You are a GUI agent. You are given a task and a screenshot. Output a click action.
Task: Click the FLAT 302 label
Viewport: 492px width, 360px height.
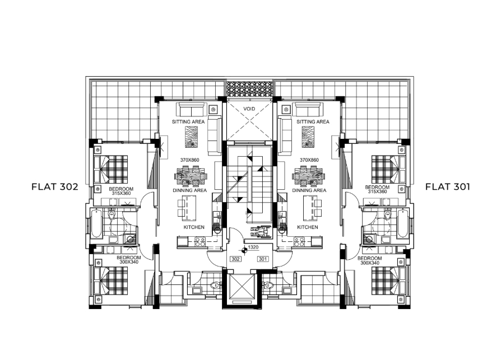point(54,186)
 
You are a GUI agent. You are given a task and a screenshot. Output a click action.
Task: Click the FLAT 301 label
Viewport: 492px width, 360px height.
point(447,186)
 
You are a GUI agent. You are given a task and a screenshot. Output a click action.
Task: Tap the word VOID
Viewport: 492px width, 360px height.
point(249,109)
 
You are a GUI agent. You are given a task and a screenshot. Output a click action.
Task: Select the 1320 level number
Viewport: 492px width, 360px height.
point(253,247)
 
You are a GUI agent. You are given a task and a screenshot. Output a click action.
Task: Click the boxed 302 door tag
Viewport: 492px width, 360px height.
point(235,259)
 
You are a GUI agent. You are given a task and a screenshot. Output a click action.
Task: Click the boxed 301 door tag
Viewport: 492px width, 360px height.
point(263,259)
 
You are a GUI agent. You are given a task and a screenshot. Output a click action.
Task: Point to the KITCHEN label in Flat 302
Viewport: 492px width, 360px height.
point(194,227)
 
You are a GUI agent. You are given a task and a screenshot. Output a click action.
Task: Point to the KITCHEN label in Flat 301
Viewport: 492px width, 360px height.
point(308,227)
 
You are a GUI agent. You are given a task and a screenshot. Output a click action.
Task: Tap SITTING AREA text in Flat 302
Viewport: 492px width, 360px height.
point(188,121)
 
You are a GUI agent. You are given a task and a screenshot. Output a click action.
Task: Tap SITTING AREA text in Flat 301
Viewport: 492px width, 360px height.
point(313,121)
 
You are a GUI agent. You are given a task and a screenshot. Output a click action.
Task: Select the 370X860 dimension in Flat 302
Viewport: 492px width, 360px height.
point(189,160)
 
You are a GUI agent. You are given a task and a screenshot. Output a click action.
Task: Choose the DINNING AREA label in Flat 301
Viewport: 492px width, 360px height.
point(309,190)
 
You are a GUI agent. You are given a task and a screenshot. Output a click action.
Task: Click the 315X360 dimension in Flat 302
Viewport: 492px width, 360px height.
point(121,193)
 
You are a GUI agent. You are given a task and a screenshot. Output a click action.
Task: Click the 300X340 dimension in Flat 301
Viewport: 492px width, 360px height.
point(370,263)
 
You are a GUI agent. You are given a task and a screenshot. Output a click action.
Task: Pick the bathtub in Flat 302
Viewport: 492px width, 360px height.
point(96,224)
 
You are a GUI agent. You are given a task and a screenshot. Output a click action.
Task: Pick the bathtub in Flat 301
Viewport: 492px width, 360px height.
point(402,224)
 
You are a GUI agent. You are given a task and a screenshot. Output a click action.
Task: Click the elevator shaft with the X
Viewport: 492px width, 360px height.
point(241,287)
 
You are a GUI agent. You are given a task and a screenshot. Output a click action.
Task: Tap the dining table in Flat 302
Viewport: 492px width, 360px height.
point(191,176)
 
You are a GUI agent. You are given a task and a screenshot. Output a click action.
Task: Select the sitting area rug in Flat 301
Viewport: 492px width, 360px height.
point(308,137)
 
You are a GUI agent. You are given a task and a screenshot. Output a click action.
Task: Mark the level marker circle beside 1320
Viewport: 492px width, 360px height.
point(244,250)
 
